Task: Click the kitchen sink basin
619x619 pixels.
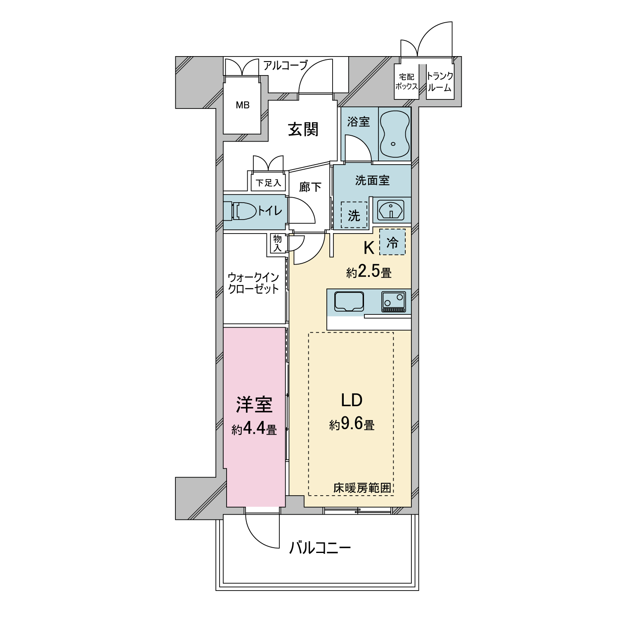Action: point(349,302)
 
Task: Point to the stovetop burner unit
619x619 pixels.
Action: point(394,302)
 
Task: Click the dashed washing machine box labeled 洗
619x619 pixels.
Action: point(354,215)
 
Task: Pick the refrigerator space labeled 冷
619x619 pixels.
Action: point(392,242)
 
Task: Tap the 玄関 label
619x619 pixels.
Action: point(303,129)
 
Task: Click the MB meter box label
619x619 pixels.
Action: point(243,105)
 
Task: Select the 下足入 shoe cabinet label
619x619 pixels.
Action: point(268,183)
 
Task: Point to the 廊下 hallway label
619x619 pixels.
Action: point(310,187)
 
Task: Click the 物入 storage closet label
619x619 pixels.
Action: point(277,243)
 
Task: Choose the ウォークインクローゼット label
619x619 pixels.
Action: point(253,283)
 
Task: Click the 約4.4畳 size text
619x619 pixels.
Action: point(254,430)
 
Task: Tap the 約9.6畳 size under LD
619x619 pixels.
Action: point(352,424)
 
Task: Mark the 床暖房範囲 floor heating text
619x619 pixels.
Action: point(362,488)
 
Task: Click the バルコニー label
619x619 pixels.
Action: point(320,548)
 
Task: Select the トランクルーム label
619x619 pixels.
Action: point(439,81)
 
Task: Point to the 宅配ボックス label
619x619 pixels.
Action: point(406,82)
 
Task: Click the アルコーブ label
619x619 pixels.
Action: point(286,65)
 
